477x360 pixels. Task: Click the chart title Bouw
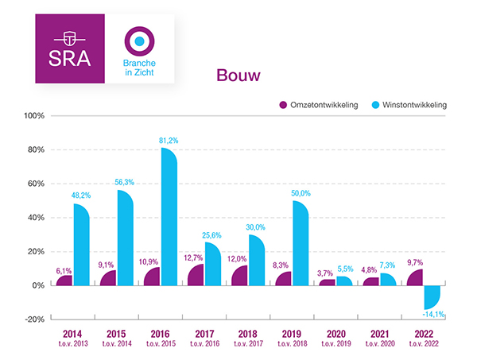tap(238, 75)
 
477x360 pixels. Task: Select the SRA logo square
tap(69, 48)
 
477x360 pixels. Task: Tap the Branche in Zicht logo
tap(140, 48)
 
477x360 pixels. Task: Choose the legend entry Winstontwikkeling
tap(410, 104)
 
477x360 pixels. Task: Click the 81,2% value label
tap(169, 140)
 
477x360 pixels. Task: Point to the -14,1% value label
tap(434, 315)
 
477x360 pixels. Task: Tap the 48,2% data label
tap(80, 195)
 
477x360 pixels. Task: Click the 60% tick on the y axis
tap(35, 184)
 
